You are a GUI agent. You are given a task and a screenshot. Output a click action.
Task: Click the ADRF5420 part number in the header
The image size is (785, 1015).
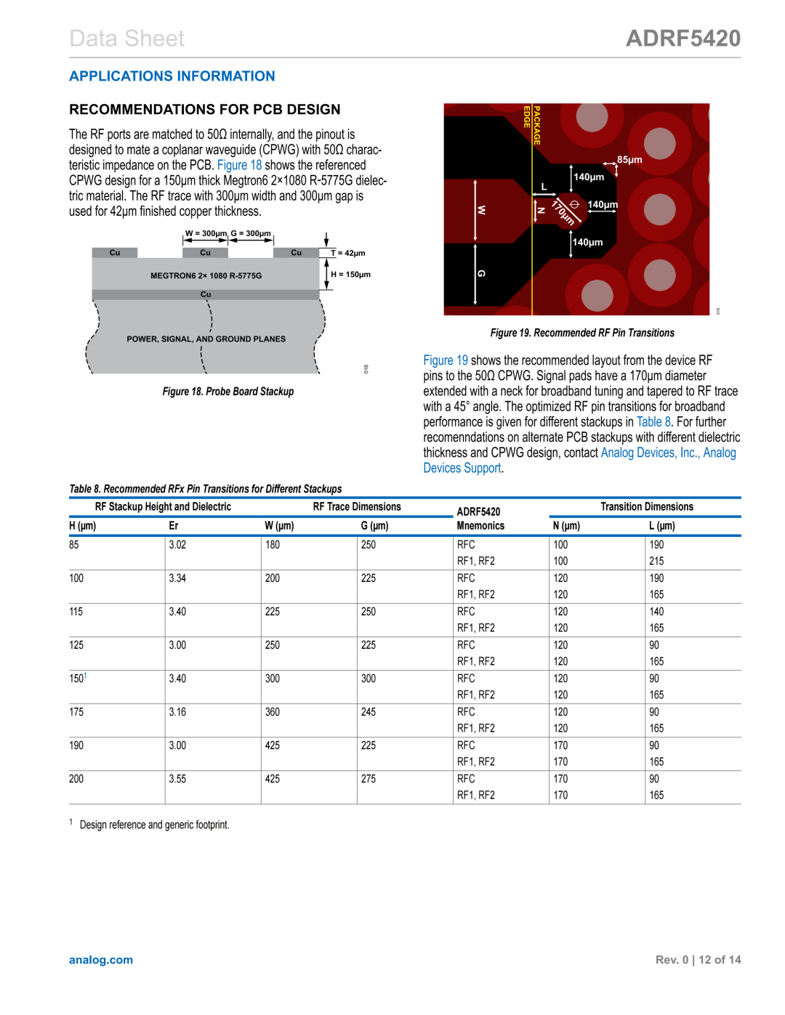pos(683,39)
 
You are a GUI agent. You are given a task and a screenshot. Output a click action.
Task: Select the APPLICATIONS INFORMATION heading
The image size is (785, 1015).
pos(172,76)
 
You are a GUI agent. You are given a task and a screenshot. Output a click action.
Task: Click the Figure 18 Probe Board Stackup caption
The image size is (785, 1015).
pos(228,392)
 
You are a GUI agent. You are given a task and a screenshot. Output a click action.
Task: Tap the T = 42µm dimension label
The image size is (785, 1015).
pos(348,254)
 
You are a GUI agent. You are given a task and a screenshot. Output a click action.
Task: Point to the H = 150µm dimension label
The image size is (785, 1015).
pos(350,275)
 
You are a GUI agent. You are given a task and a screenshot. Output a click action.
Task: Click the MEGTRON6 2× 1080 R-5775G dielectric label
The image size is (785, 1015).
pos(206,276)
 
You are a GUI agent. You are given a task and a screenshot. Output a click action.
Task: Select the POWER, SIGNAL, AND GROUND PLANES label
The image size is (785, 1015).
pos(206,339)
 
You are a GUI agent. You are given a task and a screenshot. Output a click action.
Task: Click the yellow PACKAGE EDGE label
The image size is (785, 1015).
pos(532,125)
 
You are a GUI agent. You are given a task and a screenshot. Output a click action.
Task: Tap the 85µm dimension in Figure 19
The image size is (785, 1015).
pos(629,160)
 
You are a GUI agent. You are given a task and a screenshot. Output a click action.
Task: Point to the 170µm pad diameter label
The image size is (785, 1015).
pos(563,212)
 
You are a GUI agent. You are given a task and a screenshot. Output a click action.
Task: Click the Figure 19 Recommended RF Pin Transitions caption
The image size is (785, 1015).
pos(582,333)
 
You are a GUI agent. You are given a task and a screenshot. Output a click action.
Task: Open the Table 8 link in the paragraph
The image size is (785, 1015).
pos(653,422)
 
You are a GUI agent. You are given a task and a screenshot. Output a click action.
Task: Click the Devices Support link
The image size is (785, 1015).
pos(462,469)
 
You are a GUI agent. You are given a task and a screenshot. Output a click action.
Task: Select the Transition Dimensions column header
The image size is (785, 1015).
pos(646,507)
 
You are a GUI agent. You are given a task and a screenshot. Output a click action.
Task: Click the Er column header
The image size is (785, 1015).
pos(174,526)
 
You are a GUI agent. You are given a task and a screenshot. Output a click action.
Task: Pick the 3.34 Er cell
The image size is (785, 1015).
pos(177,578)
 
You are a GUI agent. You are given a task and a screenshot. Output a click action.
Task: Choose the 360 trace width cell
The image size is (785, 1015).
pos(273,712)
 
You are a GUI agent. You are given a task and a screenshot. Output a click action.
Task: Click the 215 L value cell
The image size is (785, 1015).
pos(656,562)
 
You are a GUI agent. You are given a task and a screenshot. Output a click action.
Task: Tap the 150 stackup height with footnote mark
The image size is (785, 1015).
pos(78,679)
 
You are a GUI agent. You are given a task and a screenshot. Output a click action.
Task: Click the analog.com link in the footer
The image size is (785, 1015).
pos(101,960)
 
